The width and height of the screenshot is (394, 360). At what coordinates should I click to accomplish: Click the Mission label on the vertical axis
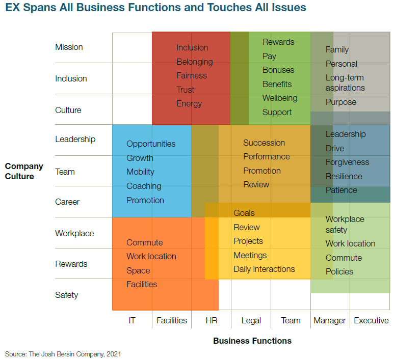pos(69,47)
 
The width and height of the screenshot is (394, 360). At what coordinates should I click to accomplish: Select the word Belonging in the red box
pos(195,62)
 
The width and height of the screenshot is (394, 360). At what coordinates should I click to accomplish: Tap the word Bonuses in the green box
pos(278,70)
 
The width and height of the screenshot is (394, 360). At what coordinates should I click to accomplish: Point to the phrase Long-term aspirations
pos(345,82)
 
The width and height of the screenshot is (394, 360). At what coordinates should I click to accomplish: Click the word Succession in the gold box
pos(264,143)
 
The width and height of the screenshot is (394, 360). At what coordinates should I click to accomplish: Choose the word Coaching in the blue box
pos(144,186)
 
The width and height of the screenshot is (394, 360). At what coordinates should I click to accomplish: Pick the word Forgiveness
pos(347,162)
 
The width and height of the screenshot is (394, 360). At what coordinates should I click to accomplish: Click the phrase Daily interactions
pos(264,269)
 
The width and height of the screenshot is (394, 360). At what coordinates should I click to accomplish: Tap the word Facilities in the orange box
pos(142,284)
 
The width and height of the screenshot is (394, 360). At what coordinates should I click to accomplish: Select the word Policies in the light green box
pos(339,271)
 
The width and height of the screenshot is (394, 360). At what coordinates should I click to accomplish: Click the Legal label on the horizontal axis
pos(251,320)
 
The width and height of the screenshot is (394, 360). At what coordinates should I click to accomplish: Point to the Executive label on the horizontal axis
pos(371,320)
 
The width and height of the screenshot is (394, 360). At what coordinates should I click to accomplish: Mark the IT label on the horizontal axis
pos(132,320)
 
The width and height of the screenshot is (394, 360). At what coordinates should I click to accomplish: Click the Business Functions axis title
pos(252,341)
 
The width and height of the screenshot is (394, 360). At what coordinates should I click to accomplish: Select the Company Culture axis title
pos(24,171)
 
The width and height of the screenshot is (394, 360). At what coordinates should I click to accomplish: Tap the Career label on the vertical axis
pos(67,202)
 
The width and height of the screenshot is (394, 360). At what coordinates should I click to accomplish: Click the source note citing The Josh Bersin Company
pos(63,353)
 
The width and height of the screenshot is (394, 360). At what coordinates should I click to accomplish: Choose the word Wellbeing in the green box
pos(280,98)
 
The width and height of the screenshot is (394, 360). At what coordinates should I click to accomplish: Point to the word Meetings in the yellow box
pos(250,255)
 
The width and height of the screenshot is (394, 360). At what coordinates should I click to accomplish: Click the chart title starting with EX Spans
pos(156,8)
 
